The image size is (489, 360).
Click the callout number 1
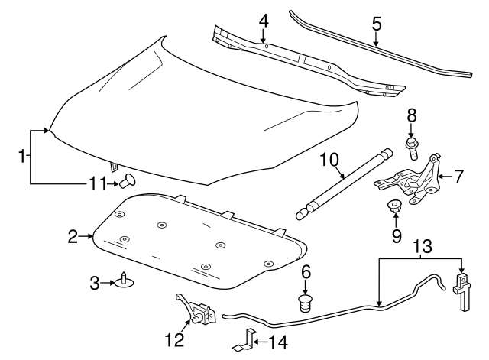[22, 157]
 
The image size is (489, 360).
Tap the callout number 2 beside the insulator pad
[73, 237]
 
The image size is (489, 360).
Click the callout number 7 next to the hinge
[458, 177]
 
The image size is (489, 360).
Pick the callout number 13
[422, 246]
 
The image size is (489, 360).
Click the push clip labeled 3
[124, 283]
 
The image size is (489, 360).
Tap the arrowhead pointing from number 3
[114, 283]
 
